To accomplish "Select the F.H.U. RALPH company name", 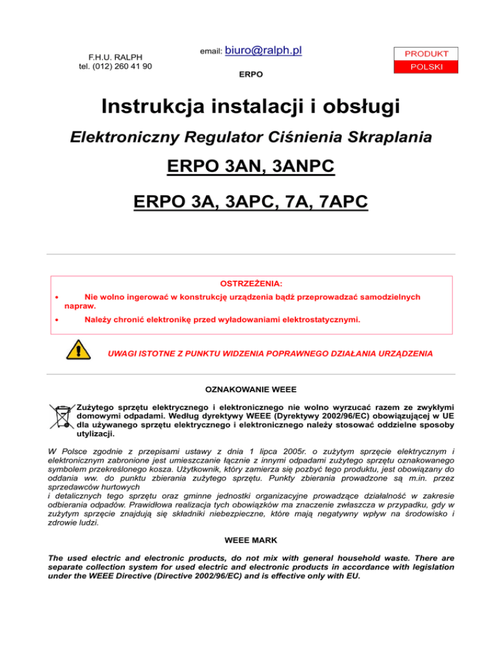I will [116, 57].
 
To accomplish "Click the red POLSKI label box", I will [426, 67].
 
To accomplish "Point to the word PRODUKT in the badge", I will [426, 53].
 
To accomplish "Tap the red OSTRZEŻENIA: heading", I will [251, 284].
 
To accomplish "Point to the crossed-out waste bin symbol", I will [61, 417].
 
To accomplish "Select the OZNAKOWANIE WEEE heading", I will [251, 388].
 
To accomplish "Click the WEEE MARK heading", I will [251, 541].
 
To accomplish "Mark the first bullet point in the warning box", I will [58, 297].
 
